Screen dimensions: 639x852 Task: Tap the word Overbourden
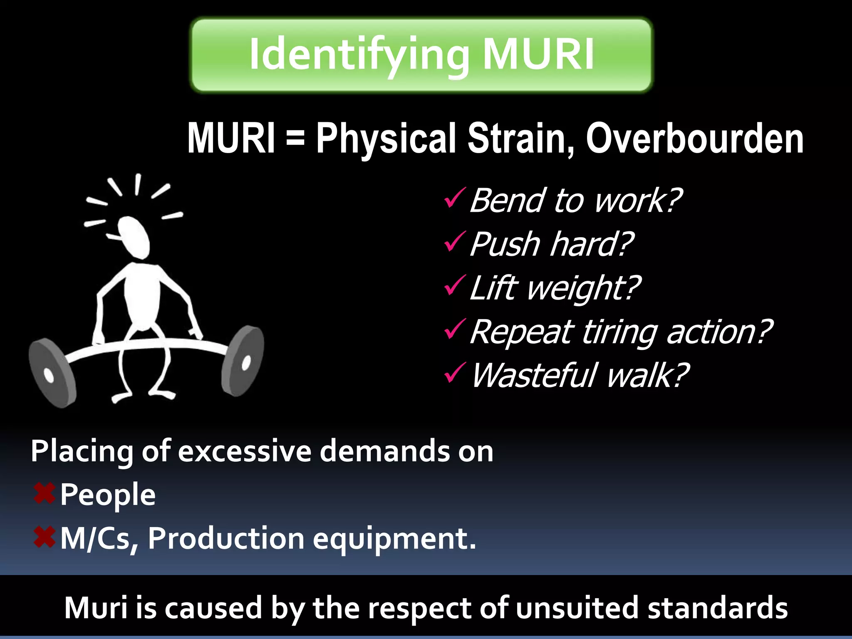tap(694, 139)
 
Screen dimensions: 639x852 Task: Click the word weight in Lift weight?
tap(582, 288)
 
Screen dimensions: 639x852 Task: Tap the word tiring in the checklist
tap(619, 332)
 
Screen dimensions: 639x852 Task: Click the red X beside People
tap(44, 494)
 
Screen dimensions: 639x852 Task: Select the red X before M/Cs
tap(44, 537)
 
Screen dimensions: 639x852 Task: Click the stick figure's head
tap(133, 237)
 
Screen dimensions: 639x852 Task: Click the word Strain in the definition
tap(520, 139)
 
